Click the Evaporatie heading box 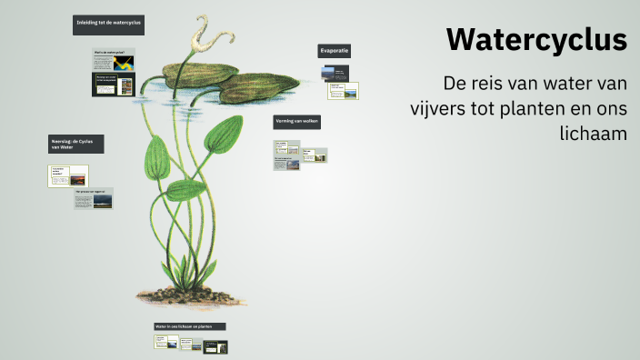[335, 51]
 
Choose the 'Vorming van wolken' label [297, 121]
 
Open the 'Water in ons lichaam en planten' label [188, 325]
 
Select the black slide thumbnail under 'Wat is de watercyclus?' [114, 85]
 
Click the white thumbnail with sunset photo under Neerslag [68, 175]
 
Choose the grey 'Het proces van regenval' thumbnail [94, 198]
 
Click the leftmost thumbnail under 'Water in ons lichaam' [165, 344]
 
